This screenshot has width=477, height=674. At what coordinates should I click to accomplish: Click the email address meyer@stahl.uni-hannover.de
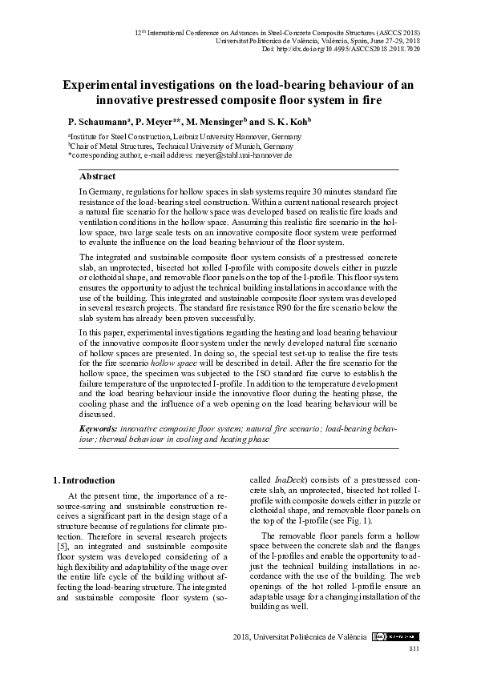click(241, 155)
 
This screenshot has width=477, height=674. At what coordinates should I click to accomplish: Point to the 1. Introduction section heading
click(83, 480)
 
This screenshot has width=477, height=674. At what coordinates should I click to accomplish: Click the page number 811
click(414, 647)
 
